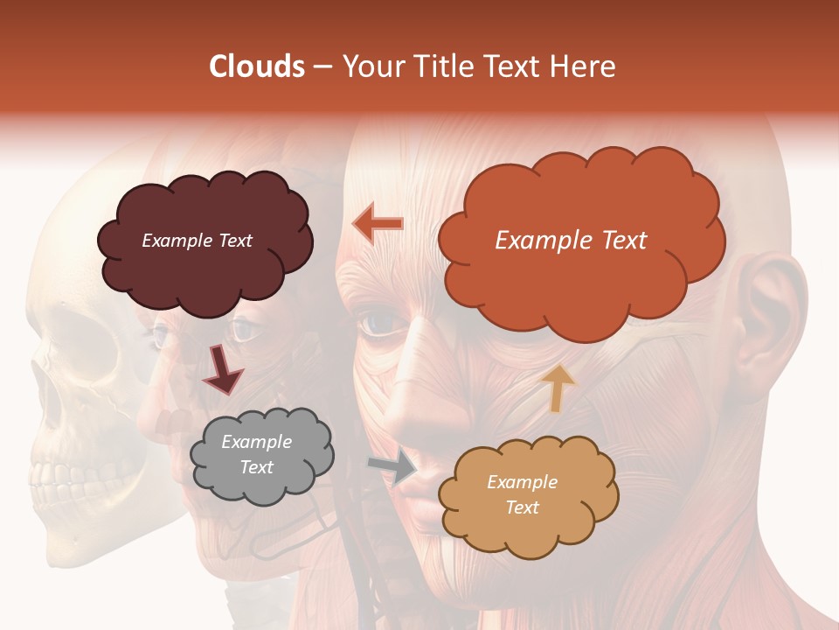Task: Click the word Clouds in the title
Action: pos(256,66)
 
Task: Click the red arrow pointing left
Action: pos(378,224)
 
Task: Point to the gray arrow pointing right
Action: pos(392,467)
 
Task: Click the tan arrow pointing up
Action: pos(557,388)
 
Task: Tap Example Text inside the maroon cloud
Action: pos(197,241)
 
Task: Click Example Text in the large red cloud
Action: pos(571,241)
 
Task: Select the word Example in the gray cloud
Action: pos(256,442)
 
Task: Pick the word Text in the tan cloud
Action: pos(522,507)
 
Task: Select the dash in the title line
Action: pos(322,66)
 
